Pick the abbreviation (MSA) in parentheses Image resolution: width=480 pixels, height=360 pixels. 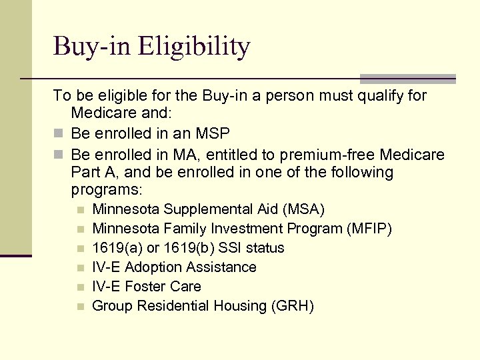point(304,209)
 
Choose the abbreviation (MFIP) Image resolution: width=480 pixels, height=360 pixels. point(369,229)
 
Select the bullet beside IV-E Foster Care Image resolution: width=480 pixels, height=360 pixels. point(80,287)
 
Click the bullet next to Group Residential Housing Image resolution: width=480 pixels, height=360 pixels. point(80,307)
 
